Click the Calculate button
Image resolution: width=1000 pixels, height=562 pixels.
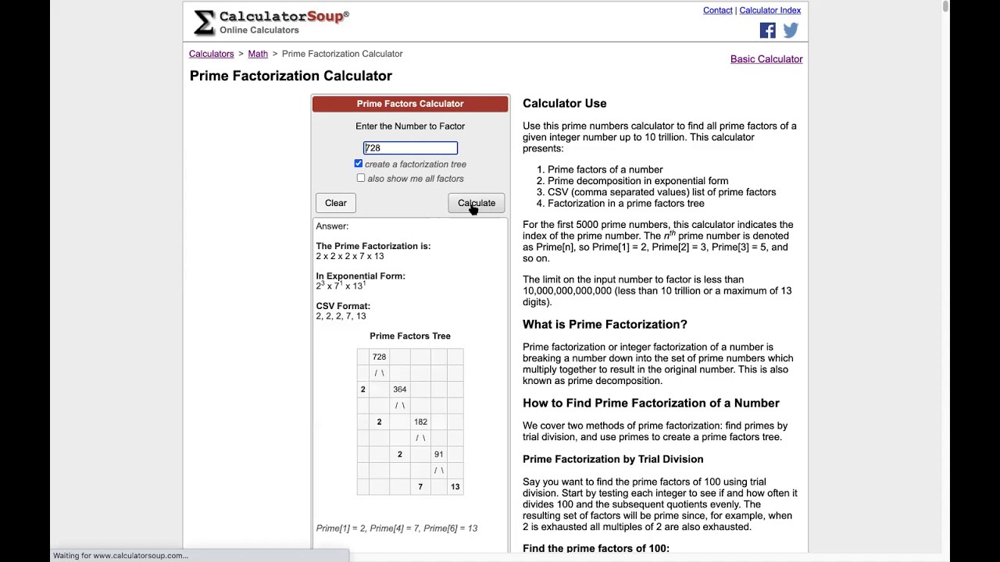pos(477,203)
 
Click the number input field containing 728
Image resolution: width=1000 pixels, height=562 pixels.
pos(410,148)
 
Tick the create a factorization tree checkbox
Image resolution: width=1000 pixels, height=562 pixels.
pos(359,164)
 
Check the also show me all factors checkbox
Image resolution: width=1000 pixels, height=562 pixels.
pos(361,179)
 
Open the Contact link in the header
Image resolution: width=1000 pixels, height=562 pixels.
pos(717,10)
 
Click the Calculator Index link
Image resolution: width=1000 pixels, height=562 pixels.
pos(770,10)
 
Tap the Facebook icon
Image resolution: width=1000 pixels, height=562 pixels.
pos(767,30)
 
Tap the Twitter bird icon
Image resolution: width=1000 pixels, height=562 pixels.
pos(791,30)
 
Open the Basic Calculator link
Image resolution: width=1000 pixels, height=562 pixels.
pos(766,59)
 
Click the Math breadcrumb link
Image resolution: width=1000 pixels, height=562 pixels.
pos(258,54)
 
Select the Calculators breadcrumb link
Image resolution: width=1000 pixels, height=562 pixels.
pos(211,54)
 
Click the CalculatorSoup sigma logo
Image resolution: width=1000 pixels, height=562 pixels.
pos(204,23)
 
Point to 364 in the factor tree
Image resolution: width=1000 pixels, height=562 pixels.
pos(399,389)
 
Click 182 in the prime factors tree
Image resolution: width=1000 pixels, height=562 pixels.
pos(420,421)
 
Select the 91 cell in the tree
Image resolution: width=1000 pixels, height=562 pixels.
pos(438,454)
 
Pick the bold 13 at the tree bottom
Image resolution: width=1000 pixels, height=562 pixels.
pos(455,487)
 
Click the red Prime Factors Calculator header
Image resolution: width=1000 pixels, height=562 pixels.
pos(410,104)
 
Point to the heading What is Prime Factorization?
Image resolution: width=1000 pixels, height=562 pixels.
pos(605,324)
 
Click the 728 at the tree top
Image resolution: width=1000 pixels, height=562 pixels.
pos(379,357)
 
